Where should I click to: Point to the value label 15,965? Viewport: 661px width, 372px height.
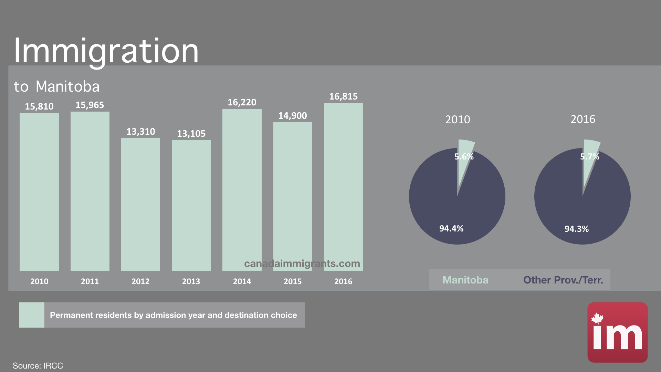(x=90, y=105)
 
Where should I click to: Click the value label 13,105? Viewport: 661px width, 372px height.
(x=191, y=134)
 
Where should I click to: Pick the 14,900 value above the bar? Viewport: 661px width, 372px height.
(x=292, y=116)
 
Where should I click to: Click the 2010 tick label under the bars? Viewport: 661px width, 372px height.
(x=39, y=281)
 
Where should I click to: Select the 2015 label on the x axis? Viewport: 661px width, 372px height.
(x=292, y=281)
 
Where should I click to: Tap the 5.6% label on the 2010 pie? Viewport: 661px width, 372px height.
(x=464, y=157)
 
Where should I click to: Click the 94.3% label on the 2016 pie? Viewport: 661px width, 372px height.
(x=576, y=229)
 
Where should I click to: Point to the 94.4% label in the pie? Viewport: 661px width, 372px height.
(x=451, y=229)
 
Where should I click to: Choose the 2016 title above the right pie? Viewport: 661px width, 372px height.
(x=583, y=119)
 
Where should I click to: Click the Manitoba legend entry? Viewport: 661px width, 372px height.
(x=465, y=280)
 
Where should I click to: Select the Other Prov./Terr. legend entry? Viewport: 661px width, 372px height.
(x=563, y=280)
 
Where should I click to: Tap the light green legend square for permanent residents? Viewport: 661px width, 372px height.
(x=31, y=315)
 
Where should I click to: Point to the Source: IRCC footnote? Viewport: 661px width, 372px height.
(x=38, y=365)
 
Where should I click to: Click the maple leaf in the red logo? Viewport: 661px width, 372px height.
(x=597, y=318)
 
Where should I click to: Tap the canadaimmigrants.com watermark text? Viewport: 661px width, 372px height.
(x=302, y=263)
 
